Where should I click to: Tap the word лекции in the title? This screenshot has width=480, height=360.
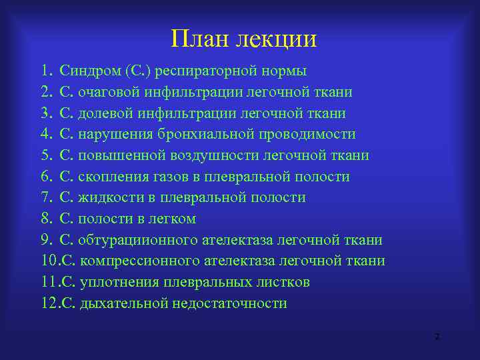click(x=275, y=40)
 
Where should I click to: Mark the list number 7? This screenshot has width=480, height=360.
click(x=45, y=198)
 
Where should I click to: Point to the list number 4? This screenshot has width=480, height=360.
click(x=45, y=135)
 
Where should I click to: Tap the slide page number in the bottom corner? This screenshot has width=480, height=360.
click(x=437, y=338)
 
